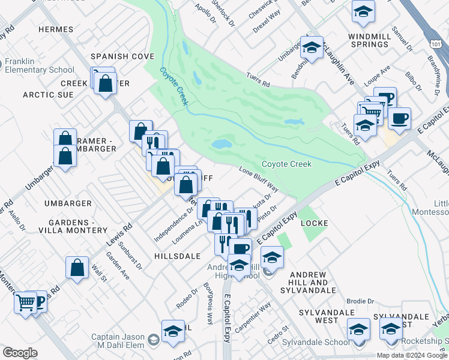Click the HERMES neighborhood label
tap(55, 29)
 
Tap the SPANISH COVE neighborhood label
tap(122, 56)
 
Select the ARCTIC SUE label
tap(48, 95)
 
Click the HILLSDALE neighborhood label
tap(177, 256)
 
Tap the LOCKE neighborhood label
tap(314, 223)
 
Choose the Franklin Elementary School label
tap(40, 65)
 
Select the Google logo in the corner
tap(19, 353)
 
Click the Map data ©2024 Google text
tap(412, 355)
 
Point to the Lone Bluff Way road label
tap(259, 179)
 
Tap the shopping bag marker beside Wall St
tap(77, 268)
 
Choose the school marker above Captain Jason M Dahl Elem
tap(172, 331)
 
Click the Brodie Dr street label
tap(362, 302)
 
